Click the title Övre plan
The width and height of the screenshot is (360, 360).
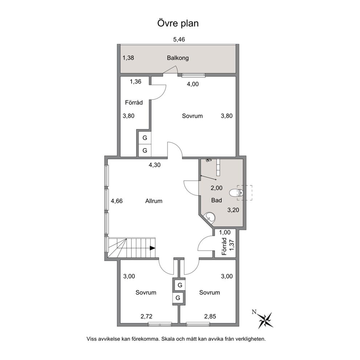tap(178, 24)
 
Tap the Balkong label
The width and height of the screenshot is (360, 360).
tap(178, 58)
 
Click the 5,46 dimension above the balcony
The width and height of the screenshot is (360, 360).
tap(179, 40)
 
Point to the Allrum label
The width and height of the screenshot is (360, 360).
tap(154, 201)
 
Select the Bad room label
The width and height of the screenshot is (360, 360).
tap(217, 200)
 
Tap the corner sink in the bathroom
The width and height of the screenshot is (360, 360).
tap(210, 217)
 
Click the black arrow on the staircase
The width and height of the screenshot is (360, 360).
tap(152, 248)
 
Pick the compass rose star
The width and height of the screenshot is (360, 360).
tap(265, 320)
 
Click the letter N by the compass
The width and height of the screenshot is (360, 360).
tap(254, 312)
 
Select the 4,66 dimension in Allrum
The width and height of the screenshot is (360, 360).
tap(116, 201)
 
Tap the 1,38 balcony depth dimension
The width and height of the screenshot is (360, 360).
tap(128, 58)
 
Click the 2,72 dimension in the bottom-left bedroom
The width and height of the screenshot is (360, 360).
tap(147, 316)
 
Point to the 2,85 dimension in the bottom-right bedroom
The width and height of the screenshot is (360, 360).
tap(210, 316)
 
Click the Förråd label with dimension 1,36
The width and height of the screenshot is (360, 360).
tap(134, 102)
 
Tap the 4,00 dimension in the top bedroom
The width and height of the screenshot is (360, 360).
tap(193, 84)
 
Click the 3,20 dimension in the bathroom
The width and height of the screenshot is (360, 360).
tap(233, 210)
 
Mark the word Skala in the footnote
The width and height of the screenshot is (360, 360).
tap(169, 339)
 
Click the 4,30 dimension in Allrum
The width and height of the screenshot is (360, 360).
tap(155, 165)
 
